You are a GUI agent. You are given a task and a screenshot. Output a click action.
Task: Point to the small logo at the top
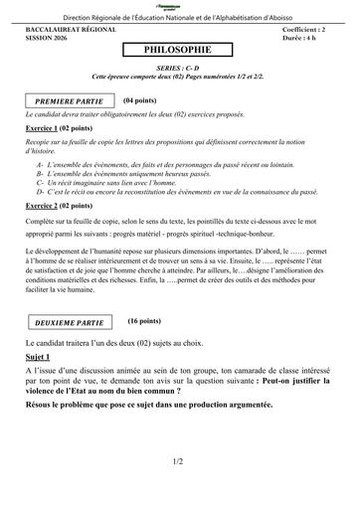click(179, 6)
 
